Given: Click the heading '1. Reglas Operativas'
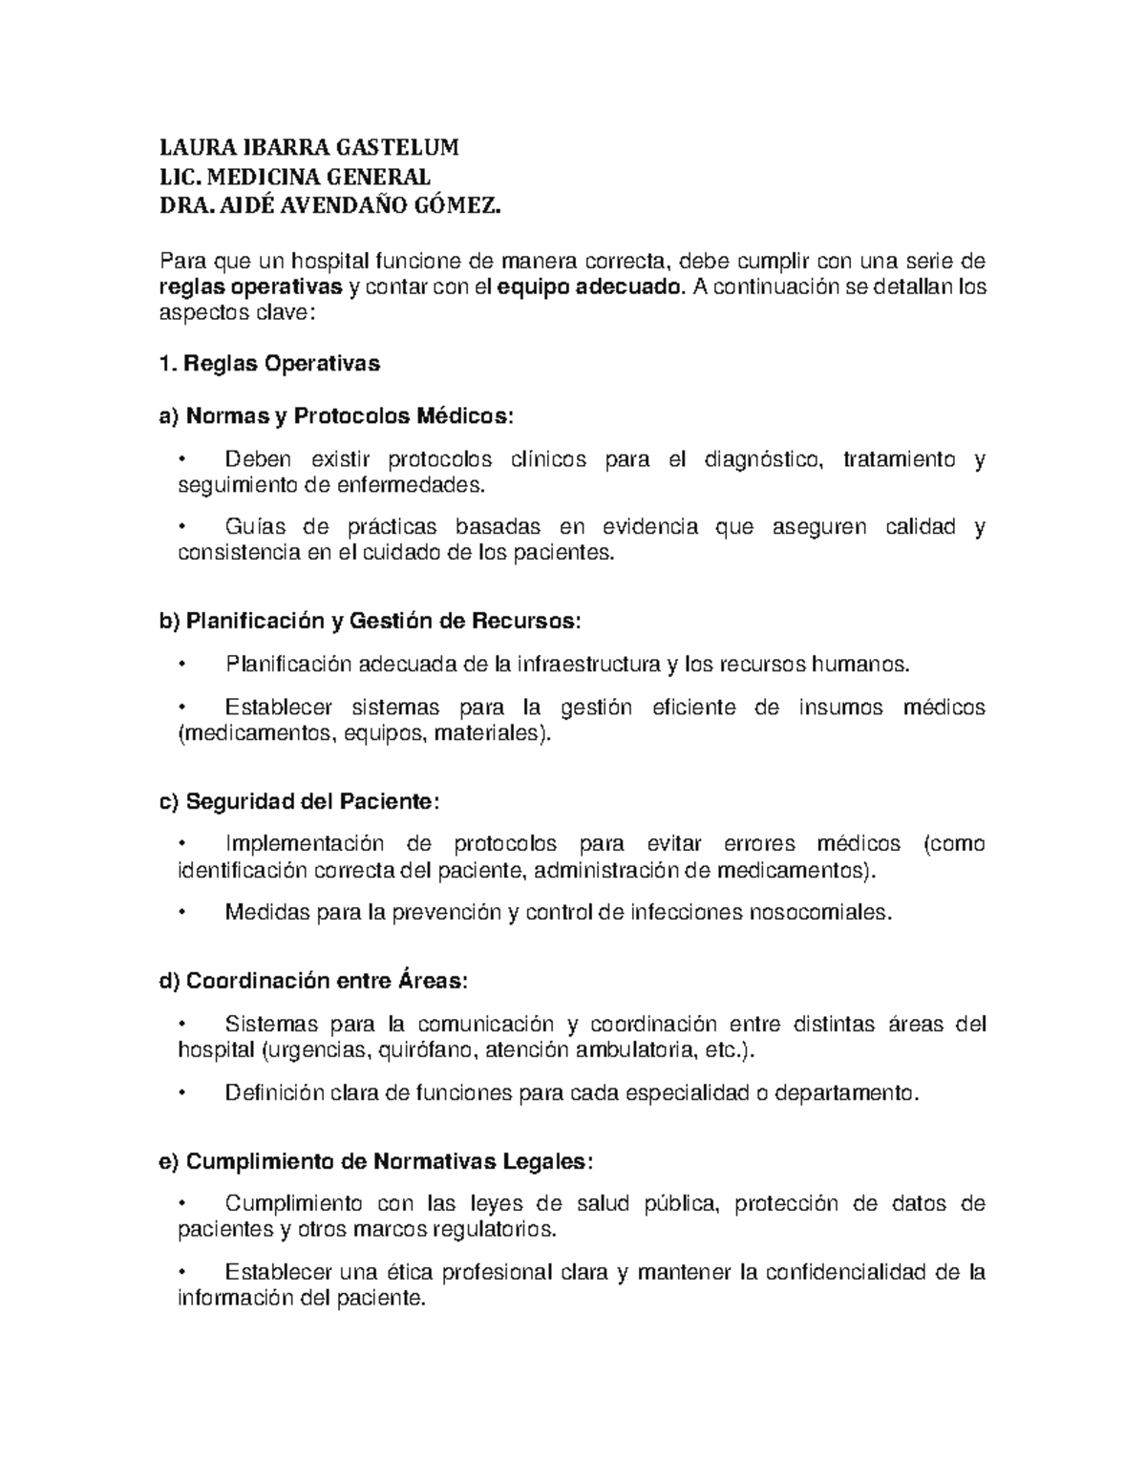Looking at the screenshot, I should [269, 363].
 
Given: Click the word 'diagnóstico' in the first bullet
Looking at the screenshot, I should [761, 459].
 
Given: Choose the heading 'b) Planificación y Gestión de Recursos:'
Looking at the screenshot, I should [369, 621].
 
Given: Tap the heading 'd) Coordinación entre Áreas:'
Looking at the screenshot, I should [313, 981].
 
